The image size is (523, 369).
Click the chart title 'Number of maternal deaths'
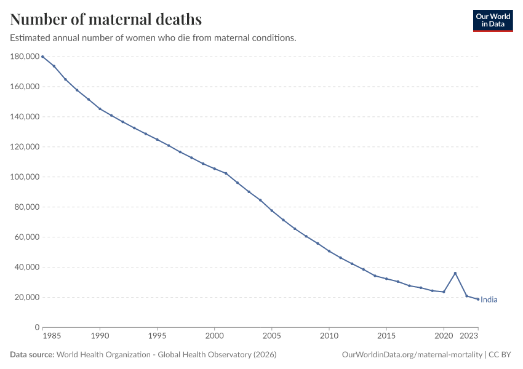tap(106, 19)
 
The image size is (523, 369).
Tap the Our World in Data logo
tap(493, 21)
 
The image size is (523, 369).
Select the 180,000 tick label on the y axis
tap(25, 57)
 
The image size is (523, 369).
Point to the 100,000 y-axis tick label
tap(25, 177)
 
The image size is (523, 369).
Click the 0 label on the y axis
tap(37, 327)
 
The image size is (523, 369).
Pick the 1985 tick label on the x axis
tap(52, 336)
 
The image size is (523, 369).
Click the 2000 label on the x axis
tap(215, 336)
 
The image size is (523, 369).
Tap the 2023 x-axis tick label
tap(469, 336)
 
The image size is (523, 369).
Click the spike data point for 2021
tap(455, 273)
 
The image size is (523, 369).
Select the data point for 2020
tap(444, 292)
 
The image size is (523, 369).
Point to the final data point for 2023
tap(478, 300)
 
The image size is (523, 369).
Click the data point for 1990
tap(100, 109)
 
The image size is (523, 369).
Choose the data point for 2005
tap(272, 211)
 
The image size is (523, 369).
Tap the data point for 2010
tap(329, 251)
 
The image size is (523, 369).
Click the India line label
tap(489, 300)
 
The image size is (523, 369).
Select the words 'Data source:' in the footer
tap(32, 354)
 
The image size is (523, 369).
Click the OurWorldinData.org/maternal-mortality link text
tap(412, 354)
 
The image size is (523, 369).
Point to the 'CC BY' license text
tap(500, 354)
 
